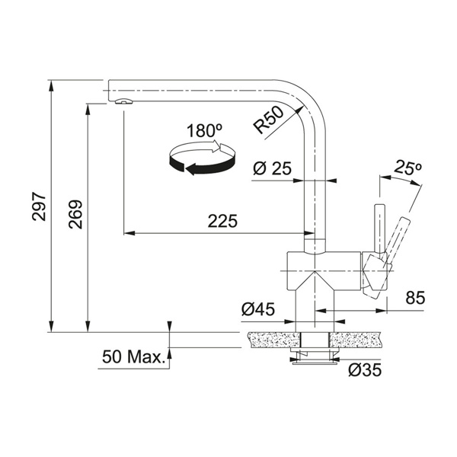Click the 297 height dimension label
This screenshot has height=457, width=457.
[39, 206]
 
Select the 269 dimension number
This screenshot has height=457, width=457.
[75, 214]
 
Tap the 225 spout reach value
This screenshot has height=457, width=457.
[222, 221]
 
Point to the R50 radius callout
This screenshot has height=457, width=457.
[268, 120]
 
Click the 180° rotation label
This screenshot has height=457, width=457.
[204, 130]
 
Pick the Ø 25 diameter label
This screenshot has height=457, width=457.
[272, 168]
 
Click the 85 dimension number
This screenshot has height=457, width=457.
[415, 298]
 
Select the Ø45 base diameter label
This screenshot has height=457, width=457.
[258, 309]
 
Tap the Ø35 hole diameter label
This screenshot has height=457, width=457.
[365, 370]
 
